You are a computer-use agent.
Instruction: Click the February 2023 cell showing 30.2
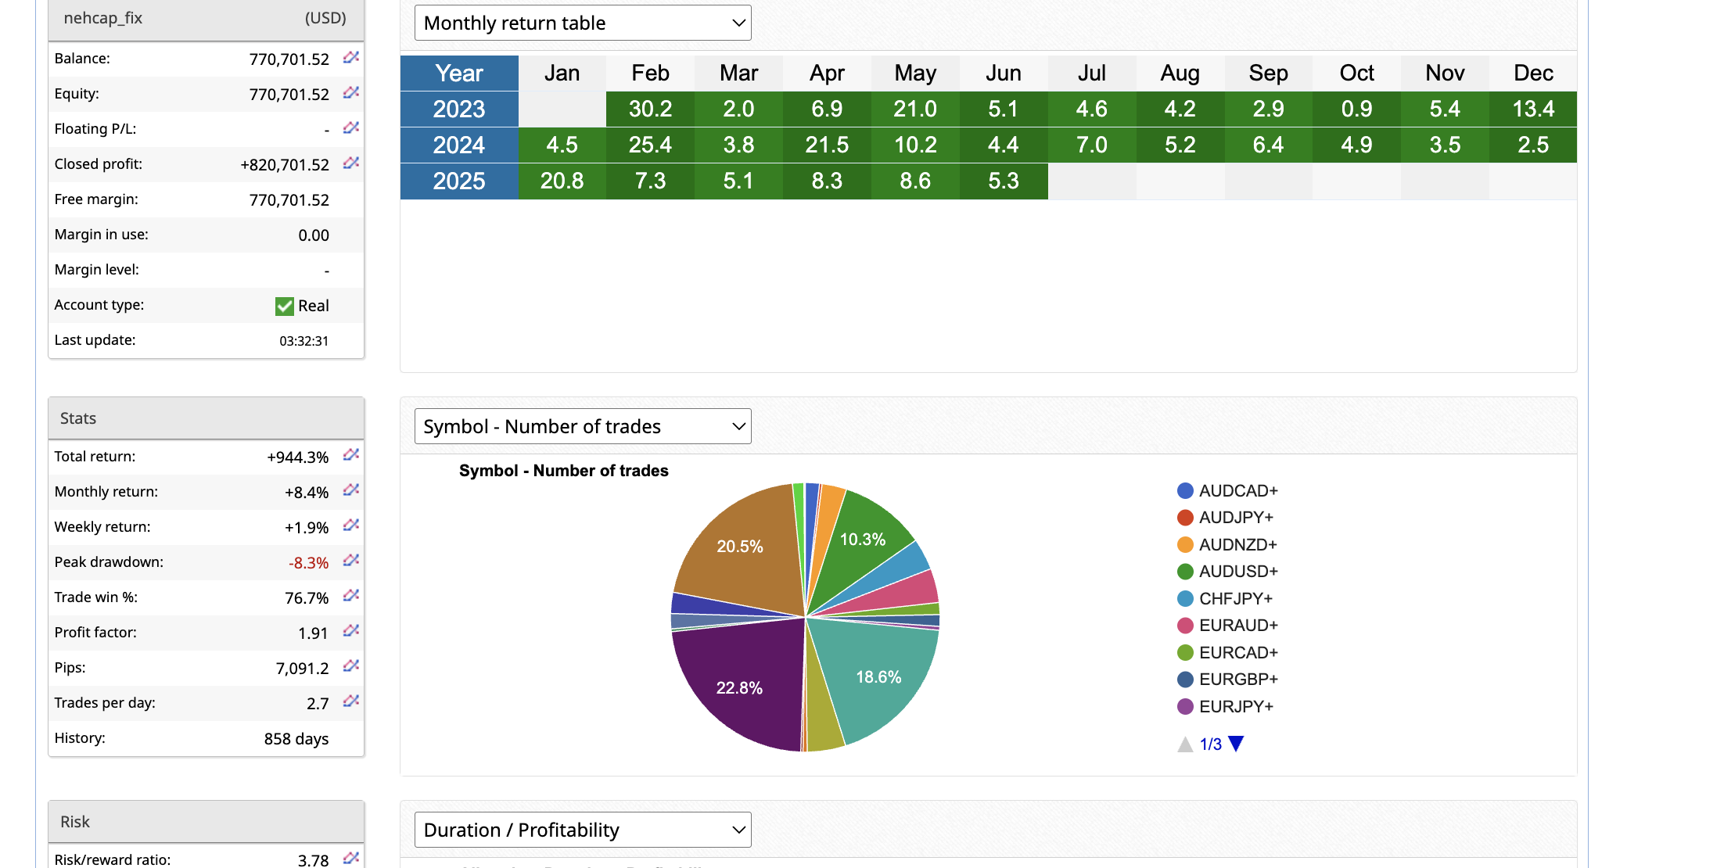point(650,109)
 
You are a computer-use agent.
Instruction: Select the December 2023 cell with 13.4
point(1532,109)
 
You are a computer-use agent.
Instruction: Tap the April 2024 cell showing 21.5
point(827,145)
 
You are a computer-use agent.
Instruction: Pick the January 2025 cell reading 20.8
point(562,181)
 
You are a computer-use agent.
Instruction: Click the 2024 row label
point(459,145)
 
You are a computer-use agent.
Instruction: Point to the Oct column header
point(1356,73)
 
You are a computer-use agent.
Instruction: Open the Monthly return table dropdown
point(583,23)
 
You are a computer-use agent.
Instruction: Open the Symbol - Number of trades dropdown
point(583,426)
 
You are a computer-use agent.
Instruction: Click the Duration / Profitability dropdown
point(583,830)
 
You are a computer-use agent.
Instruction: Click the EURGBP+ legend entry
point(1237,679)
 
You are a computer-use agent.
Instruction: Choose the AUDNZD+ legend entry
point(1237,544)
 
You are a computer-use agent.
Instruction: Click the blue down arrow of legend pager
point(1236,744)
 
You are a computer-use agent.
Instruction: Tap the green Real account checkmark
point(284,306)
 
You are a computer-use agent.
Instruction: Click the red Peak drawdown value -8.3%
point(308,563)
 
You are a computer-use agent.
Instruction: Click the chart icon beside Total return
point(351,454)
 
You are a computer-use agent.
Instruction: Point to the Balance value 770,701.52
point(289,59)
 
